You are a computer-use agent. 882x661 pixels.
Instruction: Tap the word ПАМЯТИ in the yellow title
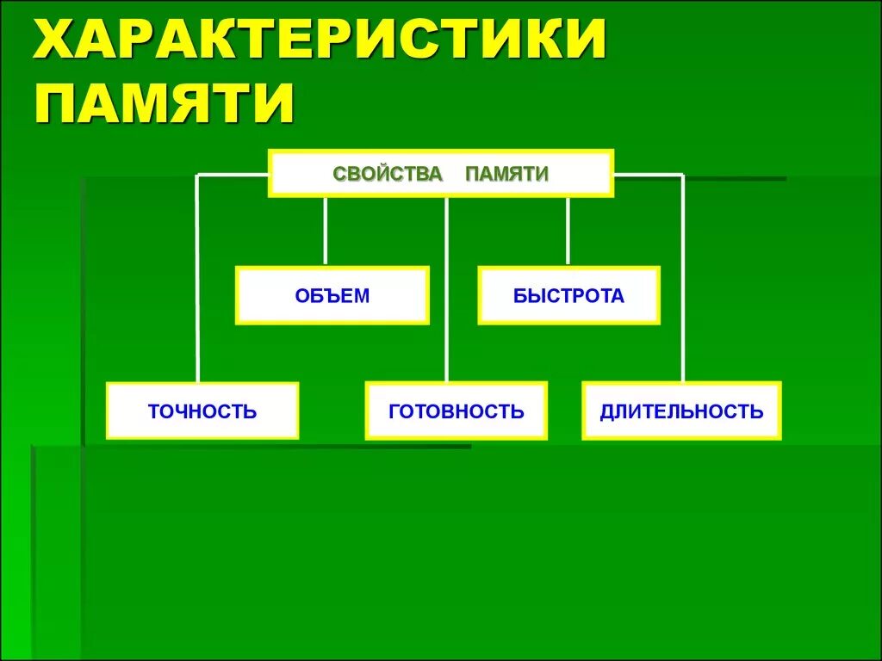(x=164, y=102)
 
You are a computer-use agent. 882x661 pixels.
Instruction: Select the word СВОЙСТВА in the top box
(x=388, y=174)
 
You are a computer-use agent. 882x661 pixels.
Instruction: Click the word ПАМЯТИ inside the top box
(x=506, y=174)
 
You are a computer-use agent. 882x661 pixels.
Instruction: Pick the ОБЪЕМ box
(x=332, y=295)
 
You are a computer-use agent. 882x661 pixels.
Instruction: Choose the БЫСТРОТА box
(x=568, y=295)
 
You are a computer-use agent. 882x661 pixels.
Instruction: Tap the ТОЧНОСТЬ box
(x=202, y=411)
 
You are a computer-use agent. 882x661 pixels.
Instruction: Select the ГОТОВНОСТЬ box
(x=456, y=411)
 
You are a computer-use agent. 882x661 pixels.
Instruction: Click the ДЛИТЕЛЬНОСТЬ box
(x=681, y=411)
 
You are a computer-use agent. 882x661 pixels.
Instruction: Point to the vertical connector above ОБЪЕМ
(x=325, y=231)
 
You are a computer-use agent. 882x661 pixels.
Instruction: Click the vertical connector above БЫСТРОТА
(x=568, y=231)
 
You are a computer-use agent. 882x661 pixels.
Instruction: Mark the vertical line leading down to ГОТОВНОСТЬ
(x=447, y=288)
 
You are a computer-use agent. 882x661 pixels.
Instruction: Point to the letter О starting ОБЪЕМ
(x=301, y=296)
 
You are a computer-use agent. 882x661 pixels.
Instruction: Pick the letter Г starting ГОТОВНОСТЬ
(x=394, y=411)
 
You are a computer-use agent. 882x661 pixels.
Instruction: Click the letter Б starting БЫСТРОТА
(x=519, y=296)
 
